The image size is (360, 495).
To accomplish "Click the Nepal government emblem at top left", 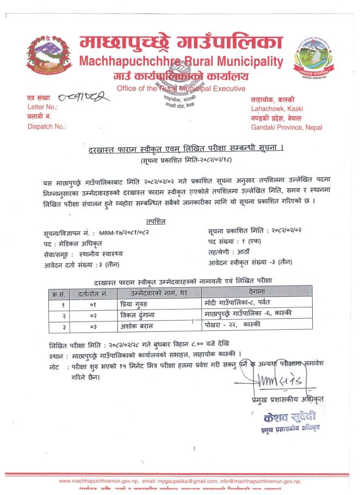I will point(49,55).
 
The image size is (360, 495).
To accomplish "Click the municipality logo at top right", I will point(314,58).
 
